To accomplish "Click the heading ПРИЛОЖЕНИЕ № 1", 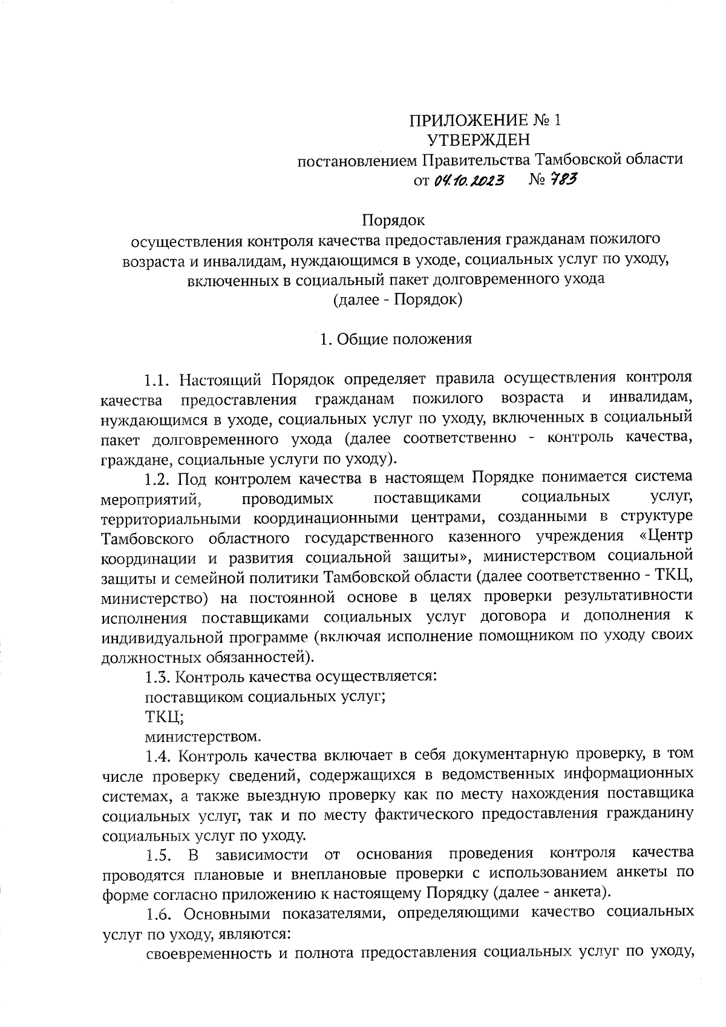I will click(485, 120).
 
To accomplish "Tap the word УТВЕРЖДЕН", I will click(478, 140).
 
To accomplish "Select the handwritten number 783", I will click(563, 179).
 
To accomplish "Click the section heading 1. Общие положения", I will click(396, 339).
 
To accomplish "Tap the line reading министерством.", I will click(204, 737).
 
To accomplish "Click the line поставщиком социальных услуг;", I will click(266, 697).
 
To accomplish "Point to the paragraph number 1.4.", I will click(159, 756).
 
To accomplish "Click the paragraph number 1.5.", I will click(159, 855).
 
